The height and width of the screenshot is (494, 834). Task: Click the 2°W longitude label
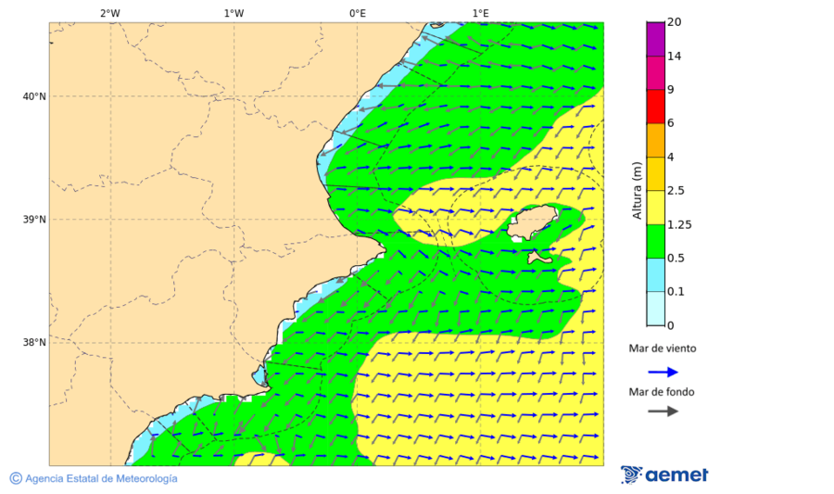point(109,13)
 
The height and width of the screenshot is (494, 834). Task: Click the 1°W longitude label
point(234,13)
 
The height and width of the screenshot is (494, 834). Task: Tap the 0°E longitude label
point(357,13)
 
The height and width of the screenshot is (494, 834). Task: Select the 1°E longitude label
point(480,13)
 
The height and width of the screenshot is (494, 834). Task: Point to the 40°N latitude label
point(34,96)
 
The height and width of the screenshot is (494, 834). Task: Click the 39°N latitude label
point(34,220)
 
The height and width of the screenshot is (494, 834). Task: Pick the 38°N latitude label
point(34,343)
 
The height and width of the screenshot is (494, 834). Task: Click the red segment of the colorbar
point(655,107)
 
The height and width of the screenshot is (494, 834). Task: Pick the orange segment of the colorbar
point(655,140)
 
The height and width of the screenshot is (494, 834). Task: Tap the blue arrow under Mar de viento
point(663,372)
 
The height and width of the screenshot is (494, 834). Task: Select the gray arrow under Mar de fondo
point(663,411)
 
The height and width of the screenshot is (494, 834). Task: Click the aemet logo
point(664,475)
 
